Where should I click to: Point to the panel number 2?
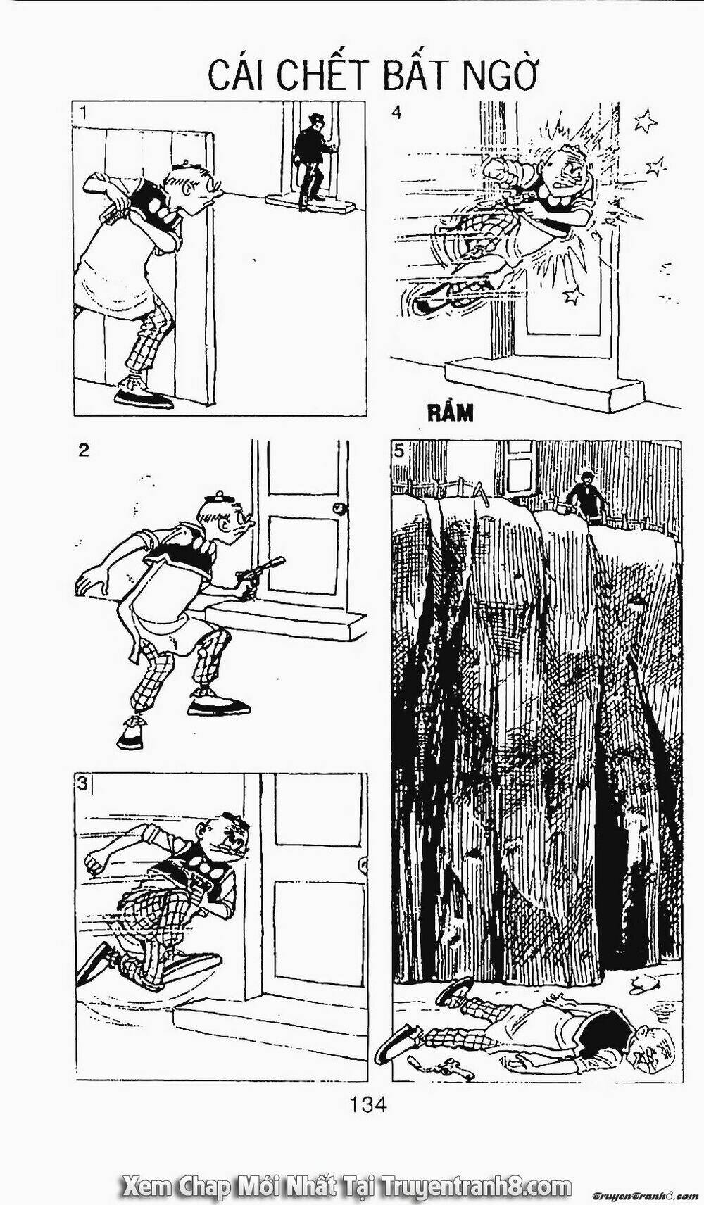pos(84,451)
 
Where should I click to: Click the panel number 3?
pos(83,783)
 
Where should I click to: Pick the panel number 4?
pos(396,113)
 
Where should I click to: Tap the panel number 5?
pos(399,451)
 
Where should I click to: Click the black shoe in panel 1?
pos(144,398)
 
